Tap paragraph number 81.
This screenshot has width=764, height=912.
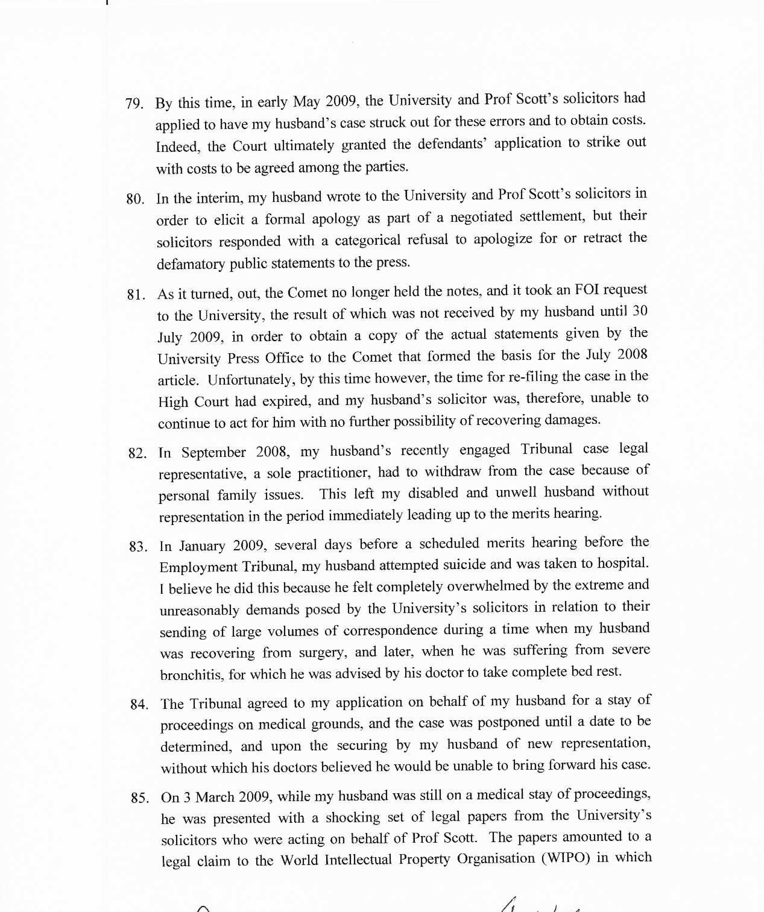pyautogui.click(x=136, y=295)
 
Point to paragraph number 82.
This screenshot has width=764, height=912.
pyautogui.click(x=137, y=454)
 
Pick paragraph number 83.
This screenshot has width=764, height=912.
pyautogui.click(x=138, y=547)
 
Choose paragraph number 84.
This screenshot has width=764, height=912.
pyautogui.click(x=139, y=704)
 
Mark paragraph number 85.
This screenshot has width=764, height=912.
pyautogui.click(x=140, y=798)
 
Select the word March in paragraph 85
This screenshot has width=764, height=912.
pyautogui.click(x=215, y=798)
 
